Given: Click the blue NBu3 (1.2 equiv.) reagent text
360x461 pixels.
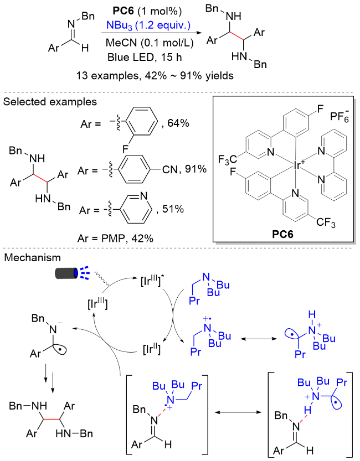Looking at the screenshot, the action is tap(148, 25).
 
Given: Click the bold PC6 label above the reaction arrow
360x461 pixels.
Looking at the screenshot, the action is tap(124, 11).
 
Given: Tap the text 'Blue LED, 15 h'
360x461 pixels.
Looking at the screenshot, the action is tap(145, 57).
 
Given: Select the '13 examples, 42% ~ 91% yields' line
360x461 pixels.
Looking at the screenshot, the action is tap(155, 76).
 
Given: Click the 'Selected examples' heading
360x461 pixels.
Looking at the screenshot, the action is tap(50, 102).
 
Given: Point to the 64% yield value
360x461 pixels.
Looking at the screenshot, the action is tap(178, 123).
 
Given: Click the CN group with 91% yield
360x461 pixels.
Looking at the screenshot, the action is tap(170, 169).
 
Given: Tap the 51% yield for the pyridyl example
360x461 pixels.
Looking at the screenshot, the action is tap(173, 209).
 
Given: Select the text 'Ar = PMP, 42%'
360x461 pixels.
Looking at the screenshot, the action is tap(115, 238).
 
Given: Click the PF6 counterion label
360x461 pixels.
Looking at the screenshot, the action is tap(340, 116).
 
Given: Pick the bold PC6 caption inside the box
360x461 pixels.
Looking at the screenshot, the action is tap(282, 234).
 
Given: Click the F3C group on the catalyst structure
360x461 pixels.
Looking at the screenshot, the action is tap(227, 159).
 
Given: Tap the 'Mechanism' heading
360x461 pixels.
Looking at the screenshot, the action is tap(32, 257).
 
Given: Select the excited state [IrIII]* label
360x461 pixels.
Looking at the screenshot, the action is tap(152, 281).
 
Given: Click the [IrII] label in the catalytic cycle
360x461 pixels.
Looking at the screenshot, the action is tap(151, 349).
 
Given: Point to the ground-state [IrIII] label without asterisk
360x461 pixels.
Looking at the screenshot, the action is tap(97, 303).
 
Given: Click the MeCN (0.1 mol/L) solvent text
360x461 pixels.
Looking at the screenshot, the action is tap(150, 43).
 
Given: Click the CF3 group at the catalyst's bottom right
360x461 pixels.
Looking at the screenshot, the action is tap(326, 222).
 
